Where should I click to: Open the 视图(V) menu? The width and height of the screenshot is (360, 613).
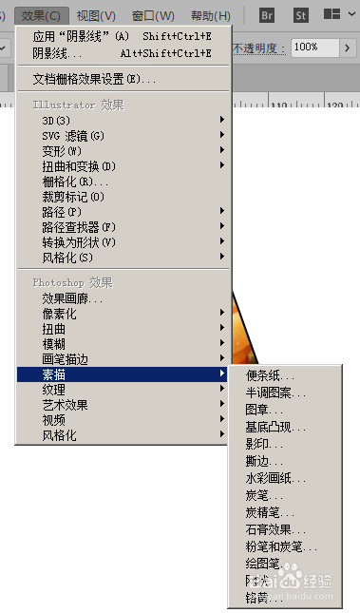pos(96,16)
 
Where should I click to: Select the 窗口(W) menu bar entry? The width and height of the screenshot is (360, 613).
pos(153,16)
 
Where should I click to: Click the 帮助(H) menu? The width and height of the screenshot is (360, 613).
pos(210,16)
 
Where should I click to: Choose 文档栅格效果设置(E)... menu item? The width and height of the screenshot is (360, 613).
pos(94,79)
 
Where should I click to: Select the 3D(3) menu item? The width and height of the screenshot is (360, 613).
pos(57,121)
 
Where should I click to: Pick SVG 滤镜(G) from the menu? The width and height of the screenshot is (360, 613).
pos(73,136)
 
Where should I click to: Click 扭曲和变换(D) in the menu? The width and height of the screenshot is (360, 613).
pos(79,166)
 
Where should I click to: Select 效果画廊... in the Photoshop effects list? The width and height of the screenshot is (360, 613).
pos(73,298)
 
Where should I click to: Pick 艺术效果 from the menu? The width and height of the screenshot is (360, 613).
pos(65,405)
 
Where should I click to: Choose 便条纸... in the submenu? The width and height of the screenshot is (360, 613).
pos(270,376)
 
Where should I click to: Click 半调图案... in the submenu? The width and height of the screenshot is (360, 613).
pos(275,392)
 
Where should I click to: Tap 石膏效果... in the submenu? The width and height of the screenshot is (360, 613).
pos(275,529)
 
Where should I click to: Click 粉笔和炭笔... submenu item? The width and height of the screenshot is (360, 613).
pos(281,546)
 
